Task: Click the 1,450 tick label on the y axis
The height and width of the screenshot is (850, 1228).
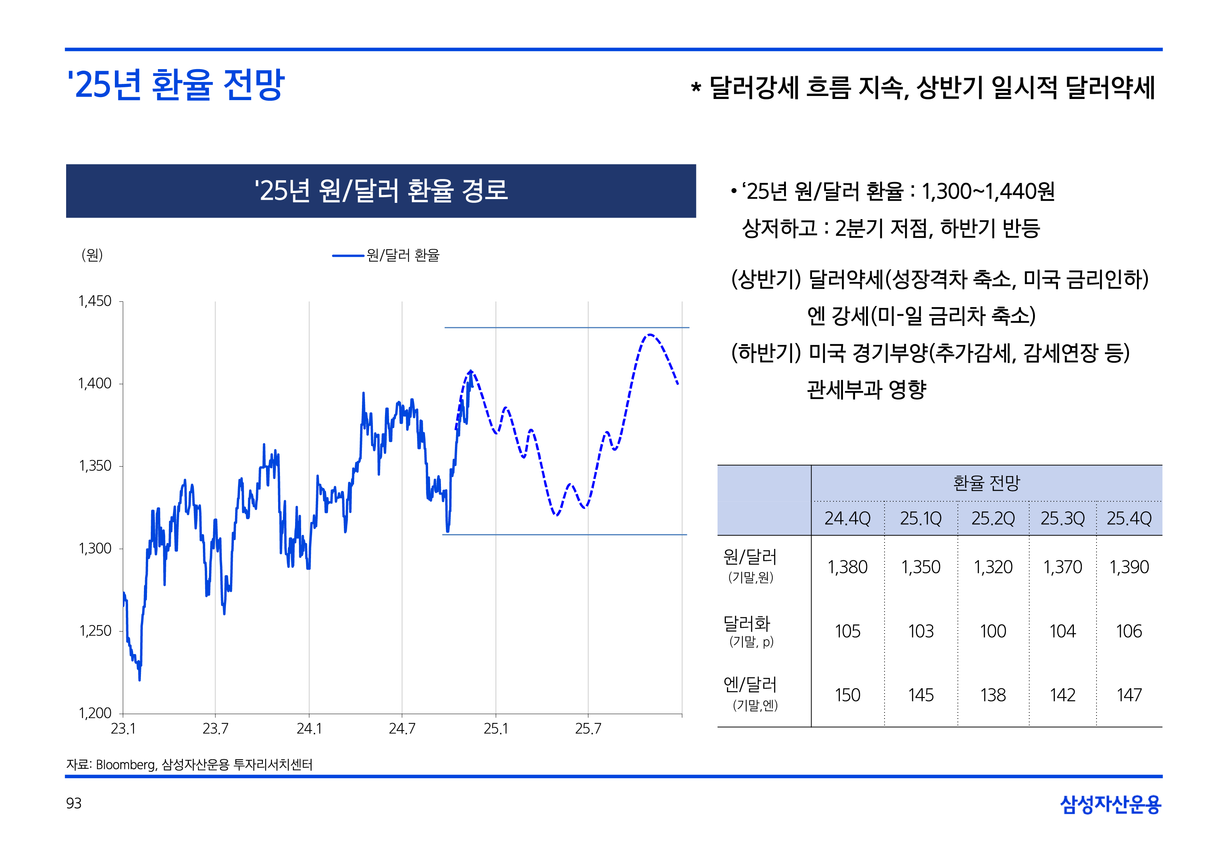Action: tap(95, 301)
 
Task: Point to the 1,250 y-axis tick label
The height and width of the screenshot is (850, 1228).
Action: tap(95, 631)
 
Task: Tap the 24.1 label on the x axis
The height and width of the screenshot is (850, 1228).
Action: tap(309, 729)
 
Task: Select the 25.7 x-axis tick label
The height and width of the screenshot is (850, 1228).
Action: tap(588, 729)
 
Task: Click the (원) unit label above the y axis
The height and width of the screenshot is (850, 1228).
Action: tap(92, 255)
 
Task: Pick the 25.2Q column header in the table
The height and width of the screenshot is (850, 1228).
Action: tap(993, 518)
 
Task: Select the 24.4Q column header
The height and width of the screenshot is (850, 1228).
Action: tap(847, 518)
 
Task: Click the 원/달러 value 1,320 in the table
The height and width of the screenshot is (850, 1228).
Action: tap(993, 567)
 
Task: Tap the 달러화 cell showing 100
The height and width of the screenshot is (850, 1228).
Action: tap(993, 631)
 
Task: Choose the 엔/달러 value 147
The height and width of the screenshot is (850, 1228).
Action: tap(1129, 695)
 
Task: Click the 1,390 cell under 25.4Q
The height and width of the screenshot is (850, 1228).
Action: tap(1129, 567)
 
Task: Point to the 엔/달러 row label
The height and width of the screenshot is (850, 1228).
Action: tap(750, 685)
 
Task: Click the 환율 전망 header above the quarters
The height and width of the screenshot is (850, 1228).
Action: tap(986, 483)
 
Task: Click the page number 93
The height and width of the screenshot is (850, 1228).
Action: tap(74, 803)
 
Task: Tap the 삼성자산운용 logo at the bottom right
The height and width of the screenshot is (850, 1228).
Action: tap(1110, 804)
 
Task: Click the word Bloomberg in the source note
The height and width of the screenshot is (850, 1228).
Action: tap(126, 765)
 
